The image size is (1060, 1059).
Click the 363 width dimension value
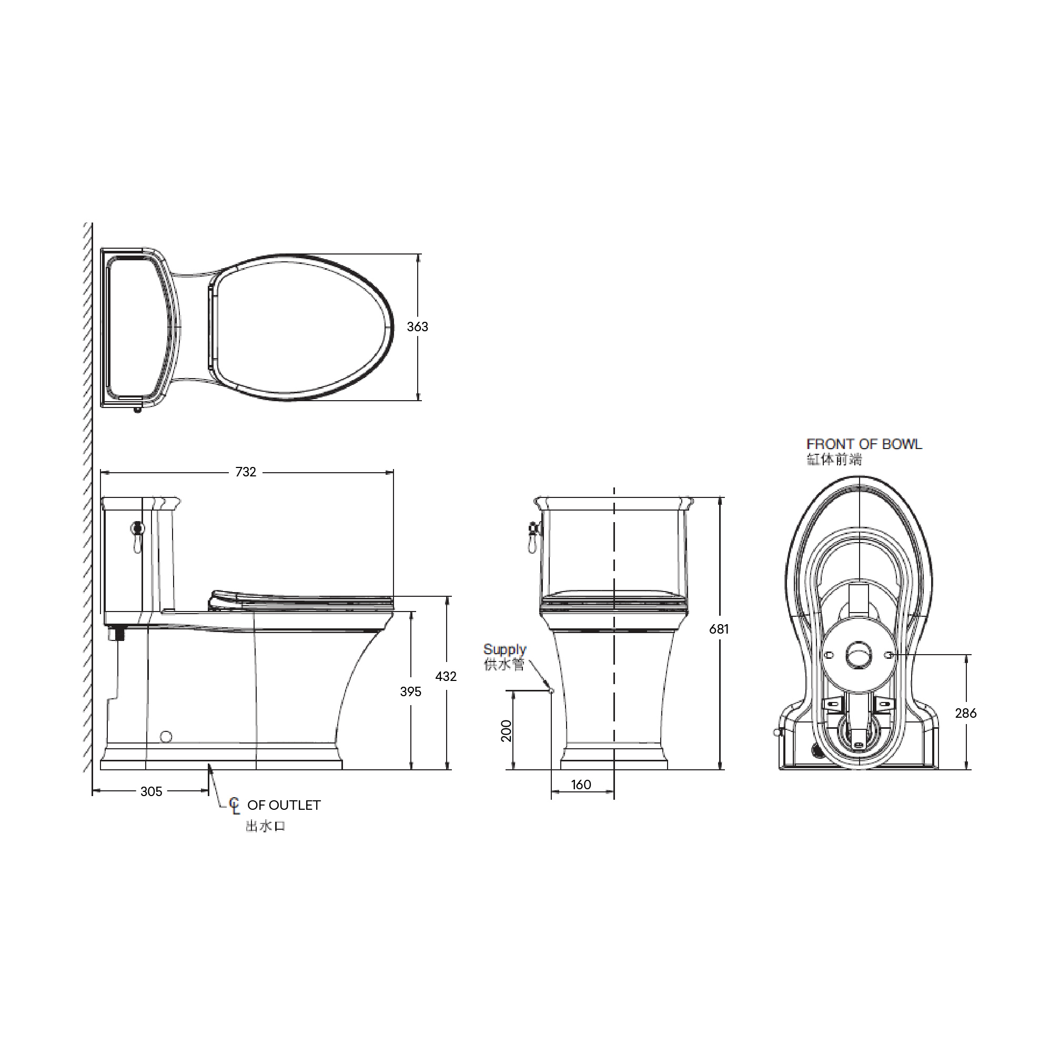(417, 327)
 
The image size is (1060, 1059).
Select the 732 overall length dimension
(246, 472)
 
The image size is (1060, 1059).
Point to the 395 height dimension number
(410, 692)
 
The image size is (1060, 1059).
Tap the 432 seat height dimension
(446, 677)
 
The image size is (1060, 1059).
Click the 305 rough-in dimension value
(151, 791)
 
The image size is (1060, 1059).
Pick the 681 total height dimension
(719, 629)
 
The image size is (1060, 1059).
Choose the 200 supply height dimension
(507, 731)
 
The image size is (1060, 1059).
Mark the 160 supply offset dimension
(581, 785)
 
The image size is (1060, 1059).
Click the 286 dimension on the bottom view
(966, 714)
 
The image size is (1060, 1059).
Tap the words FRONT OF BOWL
(864, 444)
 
